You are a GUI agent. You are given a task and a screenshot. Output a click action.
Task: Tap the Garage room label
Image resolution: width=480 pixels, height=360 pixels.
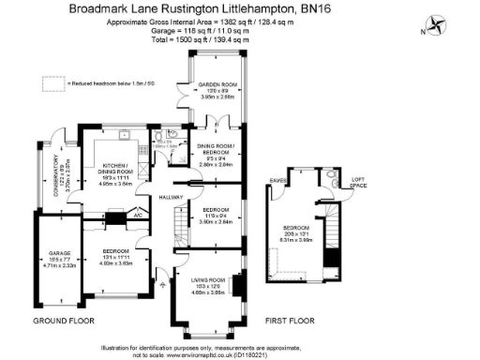coord(54,254)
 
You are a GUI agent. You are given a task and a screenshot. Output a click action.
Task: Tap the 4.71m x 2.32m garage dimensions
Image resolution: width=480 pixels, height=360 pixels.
coord(54,266)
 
